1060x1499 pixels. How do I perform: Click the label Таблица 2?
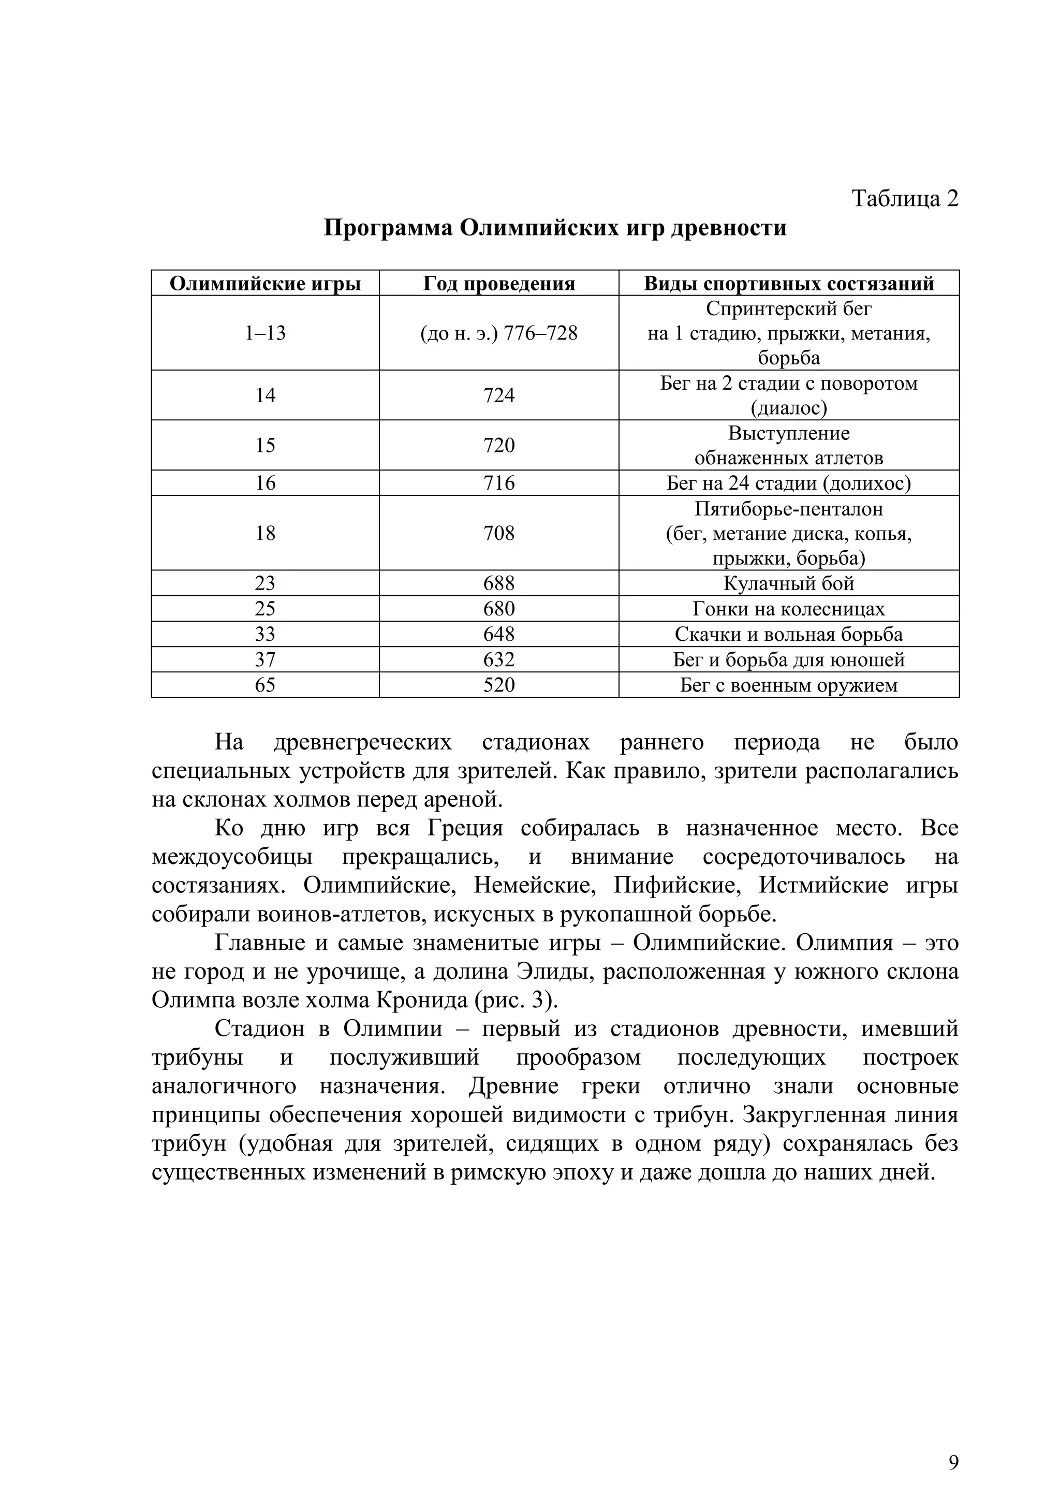905,198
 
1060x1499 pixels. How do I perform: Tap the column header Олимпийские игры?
265,283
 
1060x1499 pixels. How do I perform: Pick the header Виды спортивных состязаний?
788,283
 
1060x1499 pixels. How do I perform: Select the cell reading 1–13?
265,333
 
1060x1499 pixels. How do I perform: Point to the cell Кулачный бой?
788,583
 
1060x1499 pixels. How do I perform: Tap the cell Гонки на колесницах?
788,609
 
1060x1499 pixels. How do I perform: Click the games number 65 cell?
265,685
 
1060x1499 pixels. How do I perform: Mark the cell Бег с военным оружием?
788,685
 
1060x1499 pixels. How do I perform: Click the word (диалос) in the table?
788,408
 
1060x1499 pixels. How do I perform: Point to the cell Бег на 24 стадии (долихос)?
788,483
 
